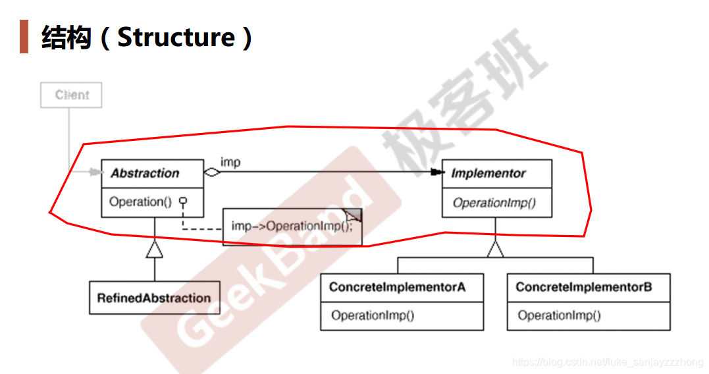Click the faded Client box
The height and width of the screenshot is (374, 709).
(72, 95)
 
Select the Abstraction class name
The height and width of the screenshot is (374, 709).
(145, 173)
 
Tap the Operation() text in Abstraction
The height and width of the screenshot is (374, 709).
(140, 202)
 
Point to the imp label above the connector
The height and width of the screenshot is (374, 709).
(230, 162)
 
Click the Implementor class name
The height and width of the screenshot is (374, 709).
(488, 174)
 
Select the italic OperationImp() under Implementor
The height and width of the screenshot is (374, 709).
(494, 203)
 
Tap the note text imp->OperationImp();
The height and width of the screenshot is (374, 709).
(292, 226)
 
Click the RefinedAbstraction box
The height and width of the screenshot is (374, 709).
(154, 298)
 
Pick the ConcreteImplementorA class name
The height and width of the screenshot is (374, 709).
(398, 287)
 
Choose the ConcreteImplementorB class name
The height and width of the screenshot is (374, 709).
(584, 287)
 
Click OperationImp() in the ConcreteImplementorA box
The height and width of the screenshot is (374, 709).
(373, 315)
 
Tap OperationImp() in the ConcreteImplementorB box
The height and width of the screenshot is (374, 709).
(560, 315)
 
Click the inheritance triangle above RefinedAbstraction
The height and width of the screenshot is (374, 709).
(154, 248)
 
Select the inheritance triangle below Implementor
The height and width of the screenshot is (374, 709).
(495, 248)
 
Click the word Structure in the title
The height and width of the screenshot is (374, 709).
(176, 37)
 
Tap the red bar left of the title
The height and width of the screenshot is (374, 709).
(24, 37)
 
